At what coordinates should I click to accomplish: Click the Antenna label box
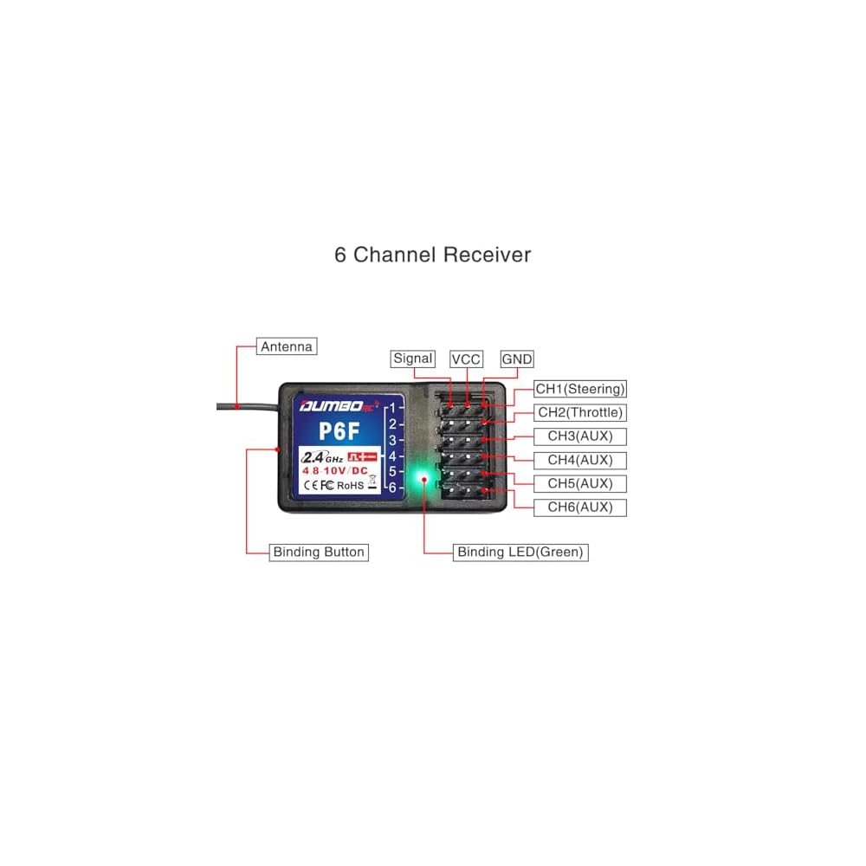pyautogui.click(x=287, y=346)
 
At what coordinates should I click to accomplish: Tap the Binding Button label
pyautogui.click(x=319, y=552)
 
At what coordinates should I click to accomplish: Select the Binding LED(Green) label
pyautogui.click(x=520, y=552)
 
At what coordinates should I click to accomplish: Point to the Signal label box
pyautogui.click(x=412, y=359)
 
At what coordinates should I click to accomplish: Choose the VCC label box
pyautogui.click(x=466, y=359)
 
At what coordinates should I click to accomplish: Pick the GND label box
pyautogui.click(x=517, y=359)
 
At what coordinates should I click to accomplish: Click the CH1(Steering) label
pyautogui.click(x=580, y=389)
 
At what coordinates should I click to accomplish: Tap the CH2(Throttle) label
pyautogui.click(x=580, y=412)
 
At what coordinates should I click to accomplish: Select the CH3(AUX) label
pyautogui.click(x=580, y=436)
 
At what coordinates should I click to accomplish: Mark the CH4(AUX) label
pyautogui.click(x=580, y=460)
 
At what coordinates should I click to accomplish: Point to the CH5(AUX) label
pyautogui.click(x=580, y=483)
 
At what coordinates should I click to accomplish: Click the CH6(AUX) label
pyautogui.click(x=580, y=507)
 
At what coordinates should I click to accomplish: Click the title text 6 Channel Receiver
pyautogui.click(x=433, y=255)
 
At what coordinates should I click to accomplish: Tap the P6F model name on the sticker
pyautogui.click(x=339, y=431)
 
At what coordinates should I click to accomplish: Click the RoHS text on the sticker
pyautogui.click(x=350, y=485)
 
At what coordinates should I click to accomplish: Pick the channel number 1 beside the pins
pyautogui.click(x=393, y=407)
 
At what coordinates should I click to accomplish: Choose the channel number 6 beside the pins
pyautogui.click(x=392, y=488)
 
